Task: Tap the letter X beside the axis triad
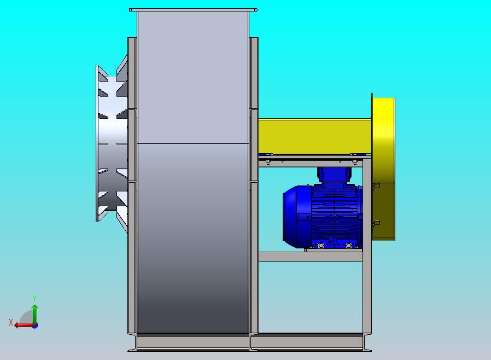coord(11,322)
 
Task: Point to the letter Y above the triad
coord(34,298)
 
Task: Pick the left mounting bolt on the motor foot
coord(320,246)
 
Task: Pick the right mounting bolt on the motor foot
coord(349,246)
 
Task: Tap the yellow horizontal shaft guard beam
coord(315,136)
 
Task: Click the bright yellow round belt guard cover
coord(384,141)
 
